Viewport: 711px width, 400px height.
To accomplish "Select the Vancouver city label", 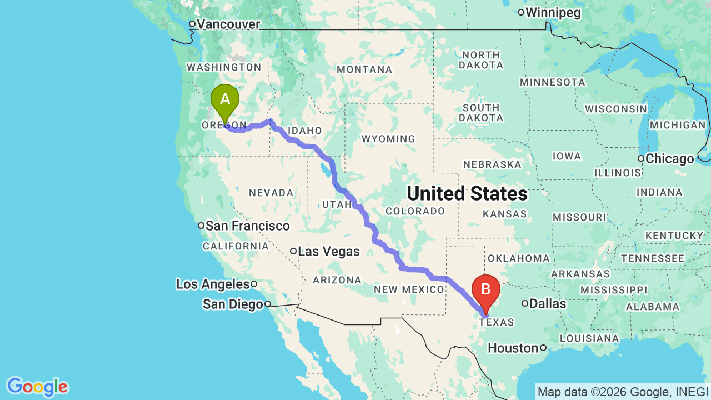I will point(228,24).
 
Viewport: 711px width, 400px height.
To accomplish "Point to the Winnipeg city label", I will point(553,13).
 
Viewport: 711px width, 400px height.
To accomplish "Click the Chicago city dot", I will point(641,159).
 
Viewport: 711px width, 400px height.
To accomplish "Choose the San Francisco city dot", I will point(202,226).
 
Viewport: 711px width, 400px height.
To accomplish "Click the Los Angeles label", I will point(213,284).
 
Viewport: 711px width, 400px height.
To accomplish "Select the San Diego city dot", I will point(267,304).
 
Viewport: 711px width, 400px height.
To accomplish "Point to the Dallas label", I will point(548,303).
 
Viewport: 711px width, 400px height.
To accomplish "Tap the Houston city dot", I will point(543,348).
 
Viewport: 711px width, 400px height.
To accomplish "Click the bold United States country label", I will point(467,193).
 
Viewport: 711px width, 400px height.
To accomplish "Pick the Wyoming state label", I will point(388,138).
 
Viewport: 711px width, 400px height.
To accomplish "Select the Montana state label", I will point(364,69).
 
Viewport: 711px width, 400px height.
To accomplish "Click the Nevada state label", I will point(271,193).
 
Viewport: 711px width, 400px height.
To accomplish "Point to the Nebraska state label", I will point(492,164).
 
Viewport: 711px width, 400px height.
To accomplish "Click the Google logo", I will point(37,387).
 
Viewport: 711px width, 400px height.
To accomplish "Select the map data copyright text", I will point(623,392).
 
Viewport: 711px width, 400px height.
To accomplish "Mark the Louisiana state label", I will point(589,338).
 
